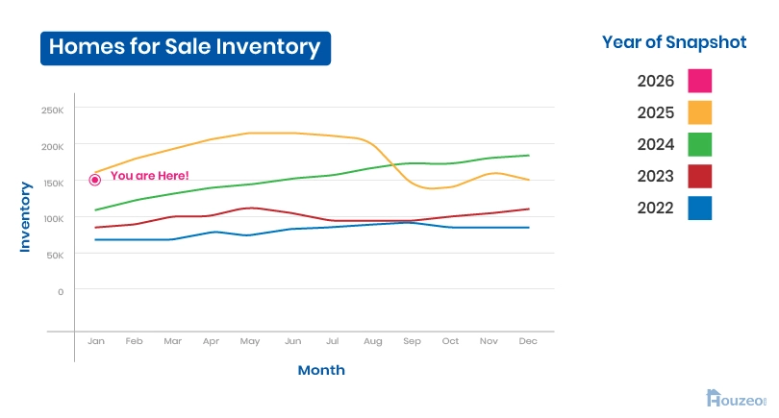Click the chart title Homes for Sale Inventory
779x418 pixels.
point(185,47)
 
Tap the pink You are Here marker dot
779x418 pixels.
point(95,180)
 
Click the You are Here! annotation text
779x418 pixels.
point(149,176)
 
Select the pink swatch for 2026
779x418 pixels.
point(700,81)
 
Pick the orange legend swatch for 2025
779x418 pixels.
point(700,112)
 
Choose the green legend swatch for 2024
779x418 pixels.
point(700,144)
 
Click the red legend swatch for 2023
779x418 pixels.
point(700,176)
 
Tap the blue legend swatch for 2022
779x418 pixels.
point(700,208)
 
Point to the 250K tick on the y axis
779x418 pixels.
point(52,110)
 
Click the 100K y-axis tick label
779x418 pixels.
point(52,219)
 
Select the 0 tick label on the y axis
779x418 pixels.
point(60,291)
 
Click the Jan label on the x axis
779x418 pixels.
point(95,341)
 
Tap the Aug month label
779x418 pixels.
point(373,341)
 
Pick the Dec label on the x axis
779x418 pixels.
point(528,341)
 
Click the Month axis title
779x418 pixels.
point(321,370)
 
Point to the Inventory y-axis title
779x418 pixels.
point(26,217)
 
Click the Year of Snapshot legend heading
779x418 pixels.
point(674,42)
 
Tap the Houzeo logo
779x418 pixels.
point(736,398)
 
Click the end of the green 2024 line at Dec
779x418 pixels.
point(529,156)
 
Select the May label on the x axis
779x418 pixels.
point(249,341)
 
